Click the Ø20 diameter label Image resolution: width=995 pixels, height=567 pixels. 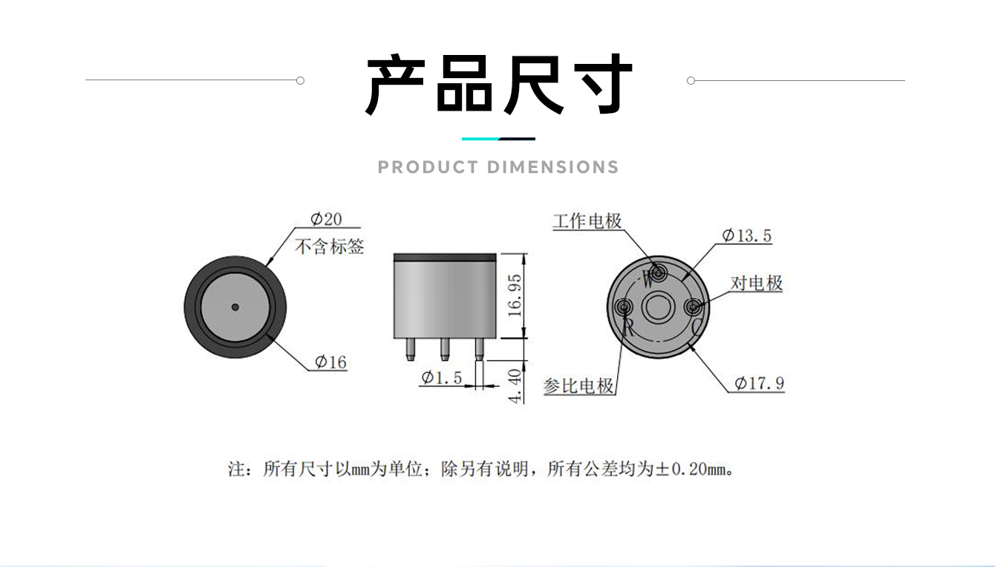[x=326, y=218]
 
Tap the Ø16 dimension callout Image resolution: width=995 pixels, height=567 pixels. [x=330, y=362]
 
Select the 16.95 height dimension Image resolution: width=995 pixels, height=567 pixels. [x=515, y=295]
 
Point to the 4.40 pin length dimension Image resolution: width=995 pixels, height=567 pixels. [x=515, y=386]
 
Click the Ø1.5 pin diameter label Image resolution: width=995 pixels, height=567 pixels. [x=442, y=378]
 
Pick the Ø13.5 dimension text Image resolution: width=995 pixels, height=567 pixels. [x=747, y=236]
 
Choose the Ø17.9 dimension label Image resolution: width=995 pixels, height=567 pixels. [x=759, y=383]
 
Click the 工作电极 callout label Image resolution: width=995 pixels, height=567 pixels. [x=587, y=221]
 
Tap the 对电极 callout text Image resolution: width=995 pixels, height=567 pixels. [x=757, y=283]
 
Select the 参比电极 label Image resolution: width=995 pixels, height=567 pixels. [x=578, y=386]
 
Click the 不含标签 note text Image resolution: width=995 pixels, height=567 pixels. [x=329, y=247]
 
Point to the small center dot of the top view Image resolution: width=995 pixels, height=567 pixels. [x=235, y=307]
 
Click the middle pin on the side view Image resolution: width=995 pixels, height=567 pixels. [x=445, y=349]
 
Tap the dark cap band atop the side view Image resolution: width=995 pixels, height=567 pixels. [x=445, y=257]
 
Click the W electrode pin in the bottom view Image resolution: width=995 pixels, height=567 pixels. [x=659, y=272]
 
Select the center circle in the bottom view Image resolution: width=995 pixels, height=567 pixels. [x=659, y=307]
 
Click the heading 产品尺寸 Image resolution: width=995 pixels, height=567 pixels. [x=498, y=84]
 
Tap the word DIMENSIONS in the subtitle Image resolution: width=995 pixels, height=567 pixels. [x=552, y=167]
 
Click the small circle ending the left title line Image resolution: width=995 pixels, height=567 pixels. [x=300, y=80]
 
